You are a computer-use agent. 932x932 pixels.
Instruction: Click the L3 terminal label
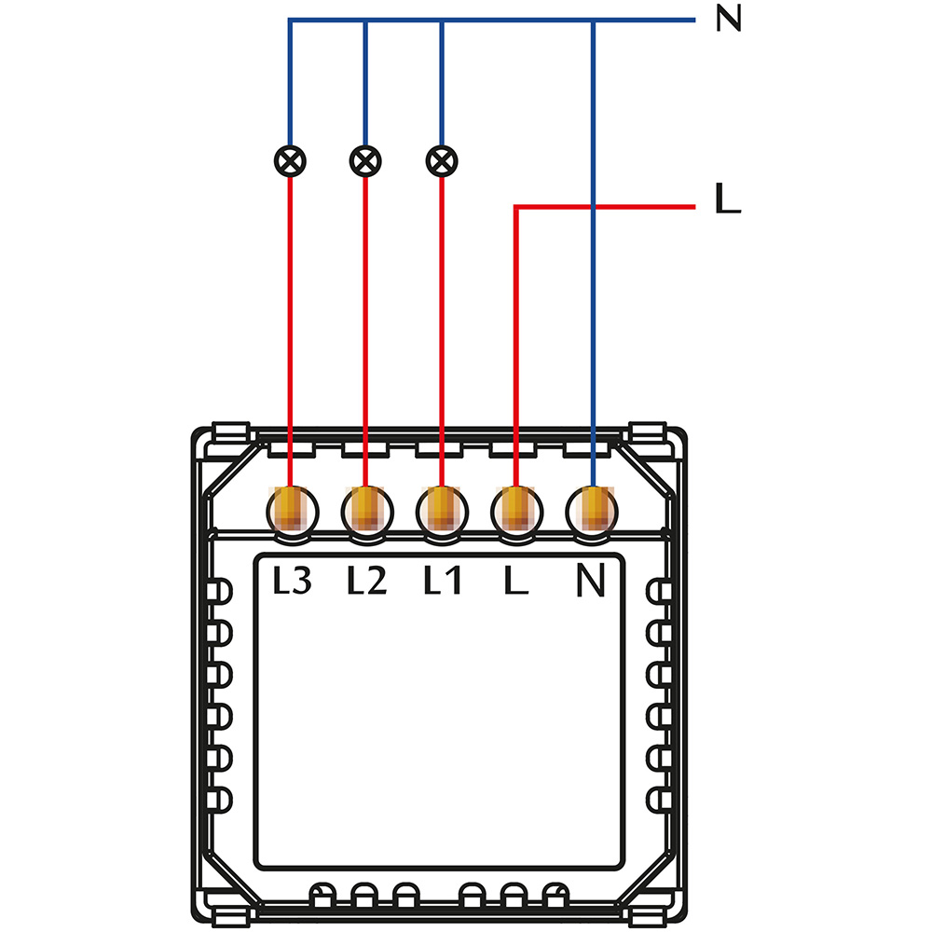(x=292, y=582)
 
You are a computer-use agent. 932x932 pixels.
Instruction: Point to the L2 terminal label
(x=366, y=582)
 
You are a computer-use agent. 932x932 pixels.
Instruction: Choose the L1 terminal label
(x=442, y=582)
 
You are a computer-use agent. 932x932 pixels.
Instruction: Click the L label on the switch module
(x=515, y=582)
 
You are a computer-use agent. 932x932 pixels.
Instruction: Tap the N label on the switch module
(x=591, y=582)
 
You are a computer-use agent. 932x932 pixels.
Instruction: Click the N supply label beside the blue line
(x=728, y=20)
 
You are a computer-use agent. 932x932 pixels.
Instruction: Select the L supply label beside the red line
(x=727, y=199)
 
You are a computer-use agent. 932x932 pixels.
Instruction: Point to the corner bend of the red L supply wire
(x=516, y=207)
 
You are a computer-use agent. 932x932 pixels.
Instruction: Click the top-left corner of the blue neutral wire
(x=290, y=21)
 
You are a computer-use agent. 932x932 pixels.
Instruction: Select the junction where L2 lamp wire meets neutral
(x=365, y=21)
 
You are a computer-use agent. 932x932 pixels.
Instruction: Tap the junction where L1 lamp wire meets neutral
(x=441, y=21)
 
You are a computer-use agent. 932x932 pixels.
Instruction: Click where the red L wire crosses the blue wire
(x=593, y=207)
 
